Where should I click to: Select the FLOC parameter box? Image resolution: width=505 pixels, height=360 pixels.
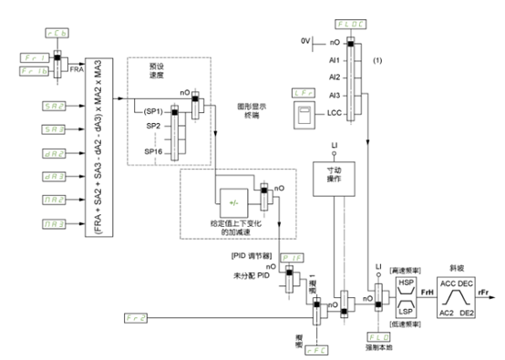[352, 21]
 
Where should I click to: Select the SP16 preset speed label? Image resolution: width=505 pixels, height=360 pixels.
[152, 149]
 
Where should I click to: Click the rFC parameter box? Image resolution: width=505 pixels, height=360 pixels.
[317, 347]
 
